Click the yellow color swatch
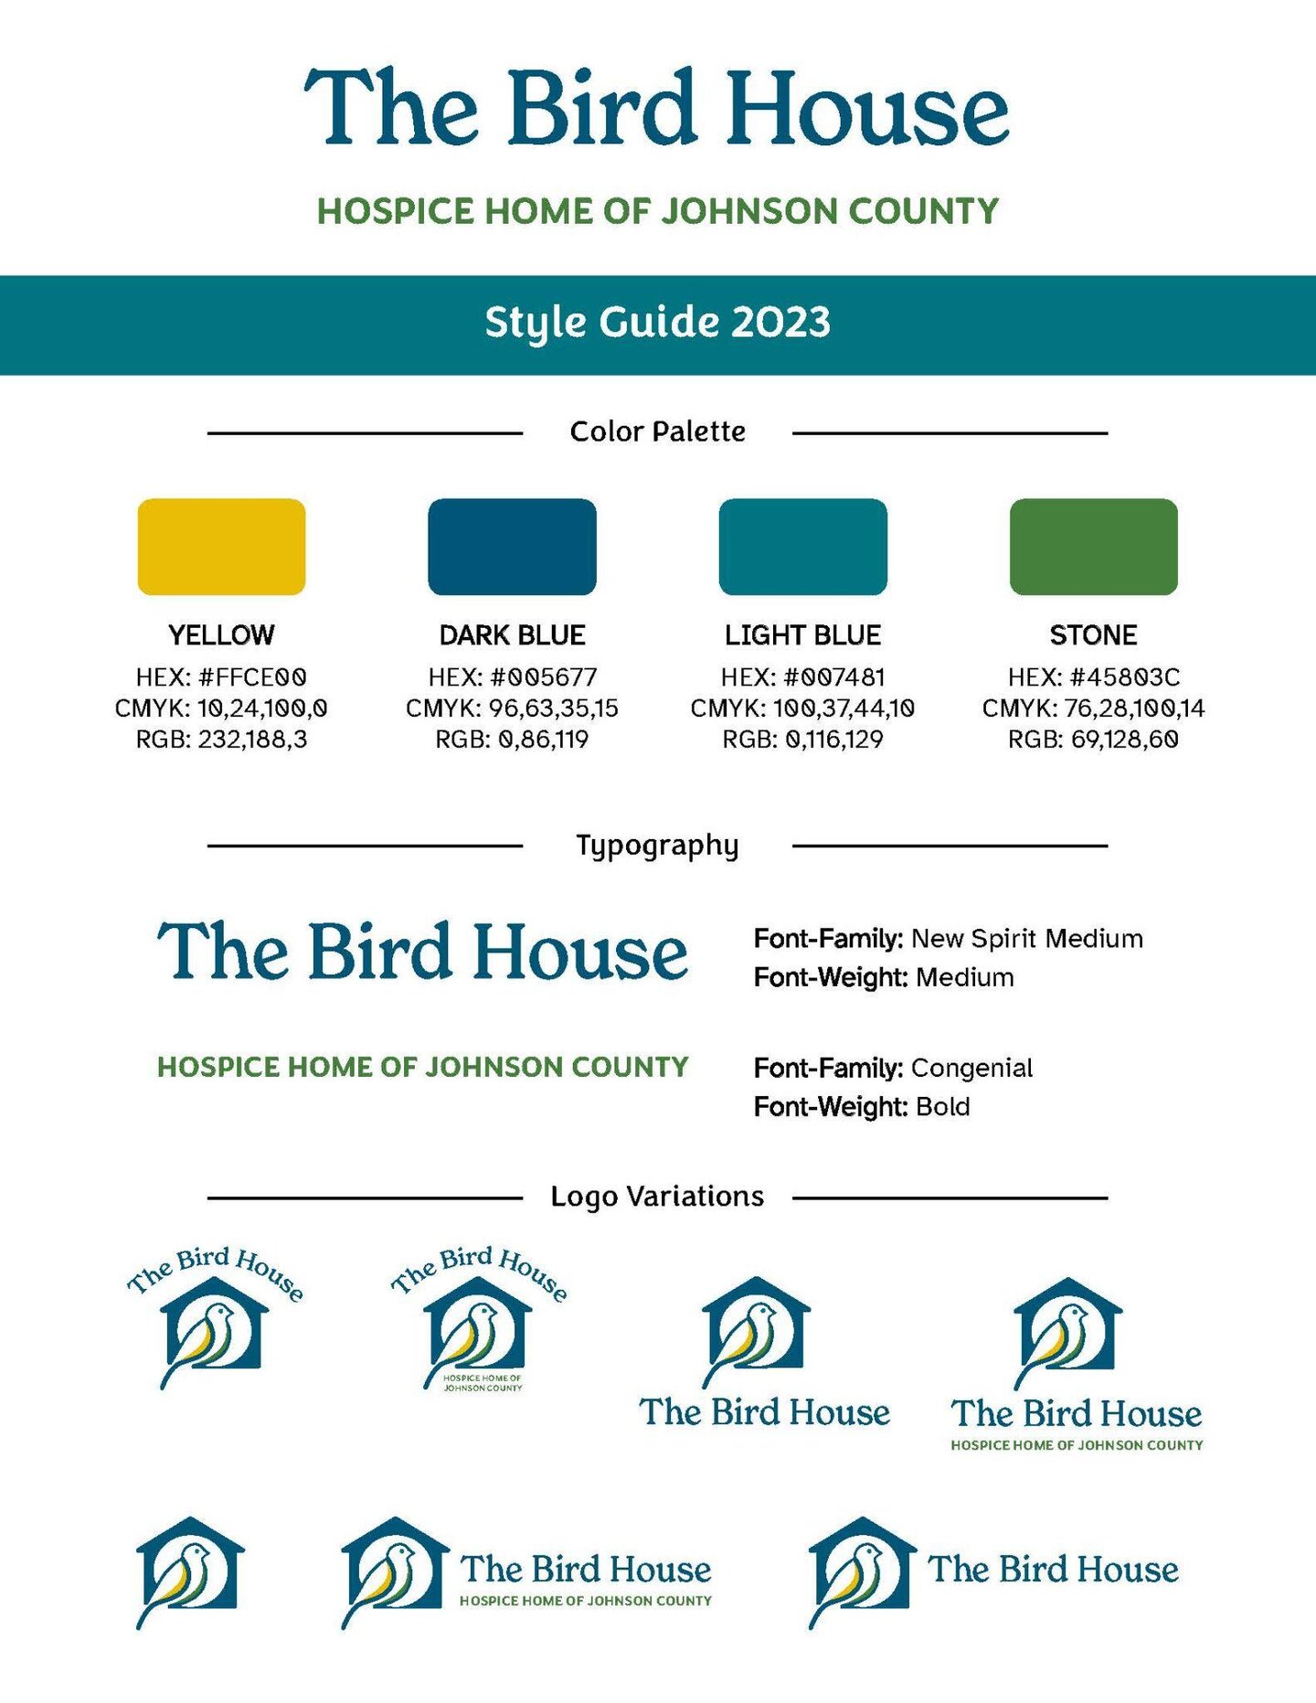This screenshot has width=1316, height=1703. tap(221, 547)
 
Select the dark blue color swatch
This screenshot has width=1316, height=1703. tap(512, 547)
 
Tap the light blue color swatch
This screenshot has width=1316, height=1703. tap(802, 547)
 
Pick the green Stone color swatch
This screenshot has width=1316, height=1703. tap(1093, 547)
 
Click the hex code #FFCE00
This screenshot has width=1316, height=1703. tap(252, 677)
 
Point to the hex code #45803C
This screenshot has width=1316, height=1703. tap(1125, 677)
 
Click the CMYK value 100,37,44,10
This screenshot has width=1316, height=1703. tap(844, 708)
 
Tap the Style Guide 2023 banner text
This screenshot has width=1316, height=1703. tap(657, 323)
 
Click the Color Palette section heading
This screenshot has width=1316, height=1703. tap(657, 431)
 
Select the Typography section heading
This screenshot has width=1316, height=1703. tap(657, 846)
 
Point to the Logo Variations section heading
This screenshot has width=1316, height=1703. tap(657, 1197)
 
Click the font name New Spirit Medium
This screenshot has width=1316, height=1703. tap(1027, 939)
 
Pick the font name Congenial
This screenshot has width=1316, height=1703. tap(972, 1068)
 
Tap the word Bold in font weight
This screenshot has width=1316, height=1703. tap(943, 1107)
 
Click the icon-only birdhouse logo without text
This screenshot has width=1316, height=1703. tap(190, 1570)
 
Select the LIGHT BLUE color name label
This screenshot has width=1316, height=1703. tap(802, 635)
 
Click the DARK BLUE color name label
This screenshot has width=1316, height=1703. tap(512, 635)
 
